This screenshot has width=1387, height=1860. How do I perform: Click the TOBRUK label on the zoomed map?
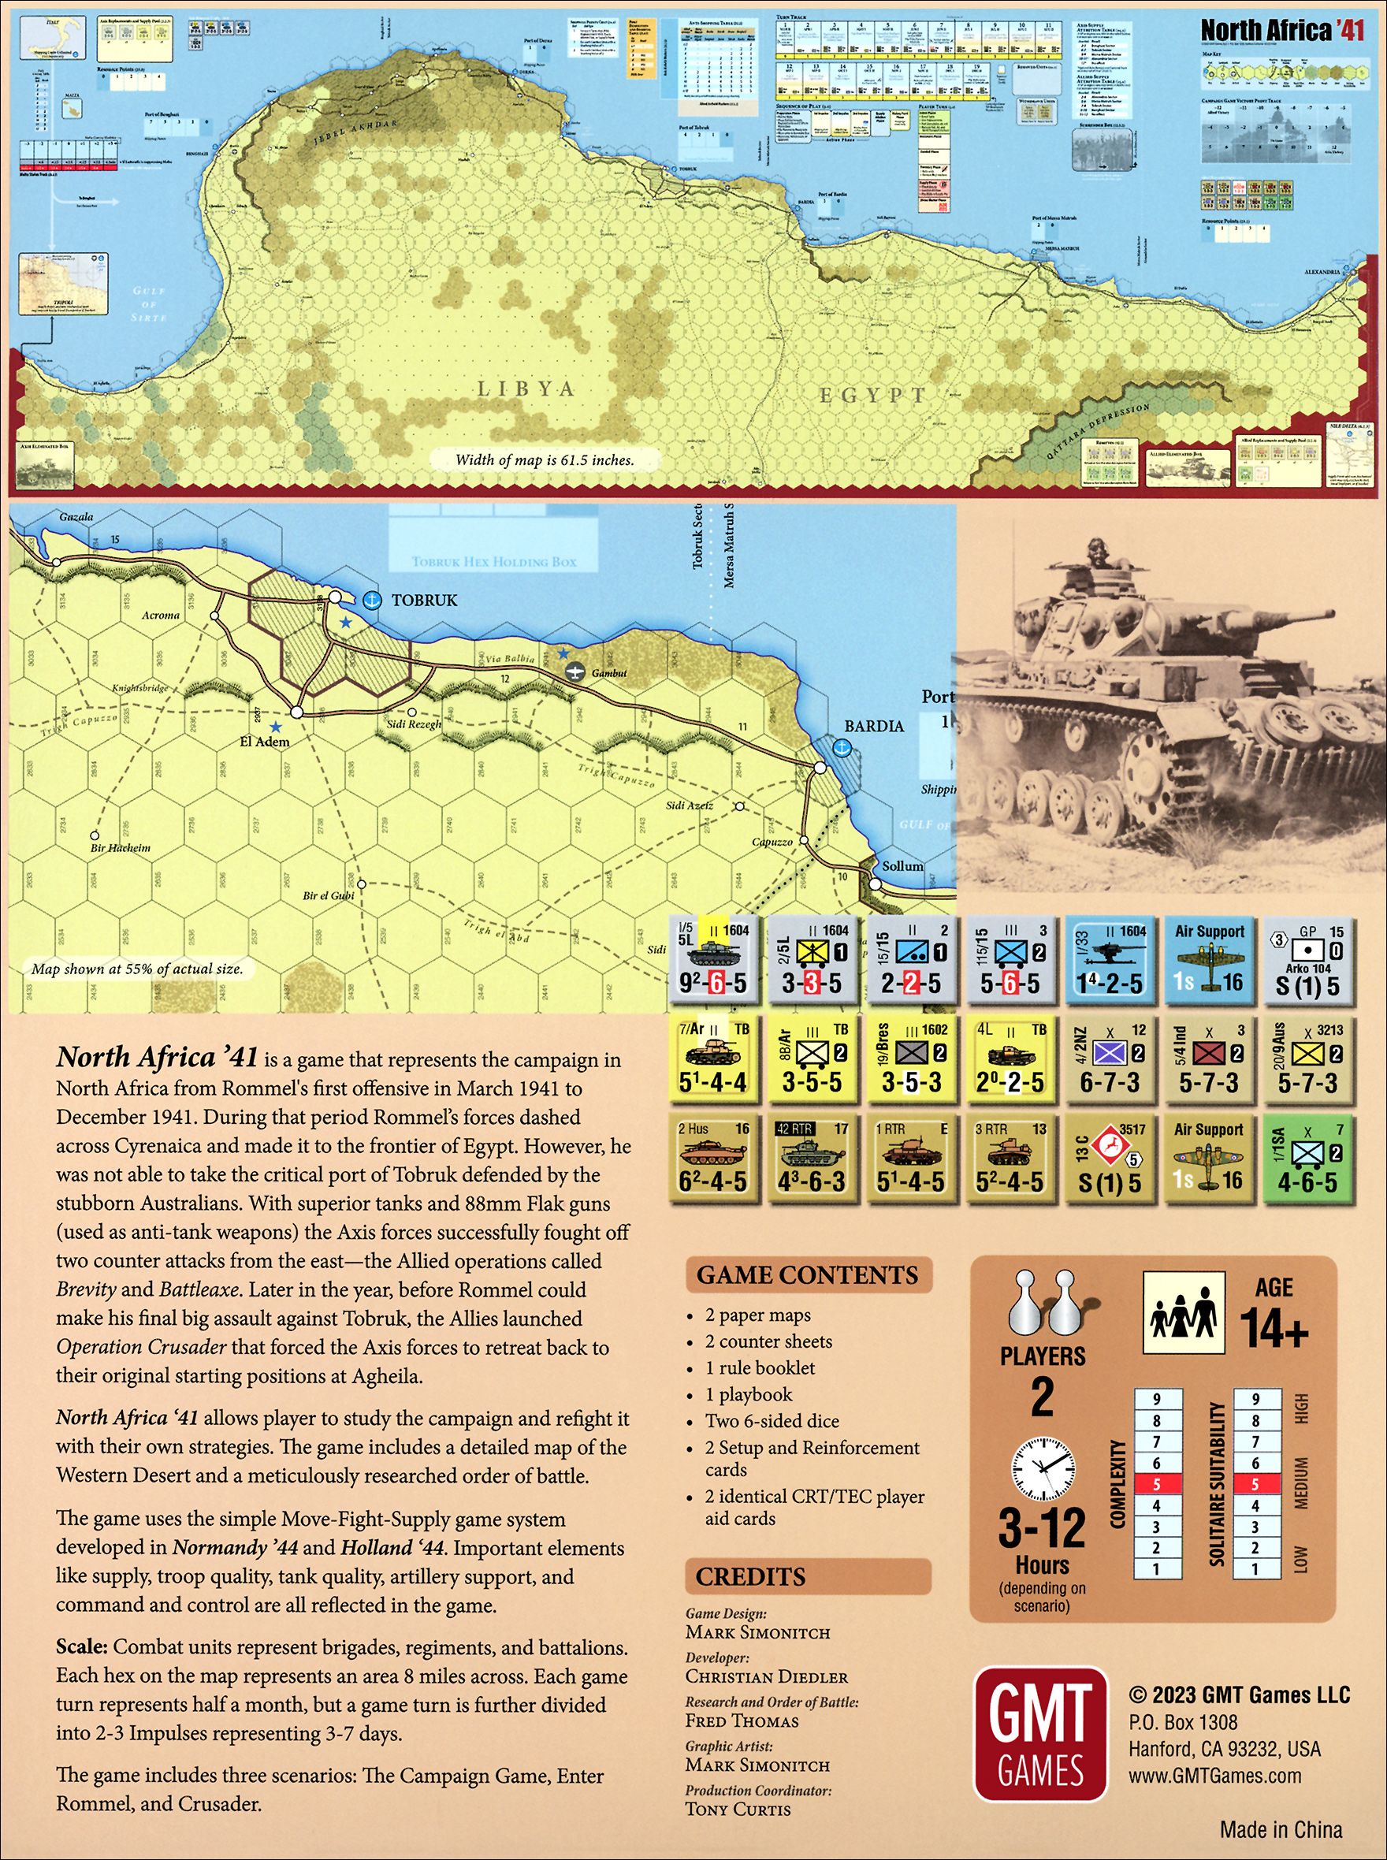point(424,600)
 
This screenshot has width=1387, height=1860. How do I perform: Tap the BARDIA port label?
point(873,726)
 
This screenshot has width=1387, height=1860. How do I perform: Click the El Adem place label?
point(265,742)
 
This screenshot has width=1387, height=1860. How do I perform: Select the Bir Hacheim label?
point(120,847)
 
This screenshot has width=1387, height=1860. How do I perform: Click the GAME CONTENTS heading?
point(807,1275)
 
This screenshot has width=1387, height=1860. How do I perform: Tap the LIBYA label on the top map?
point(526,389)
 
